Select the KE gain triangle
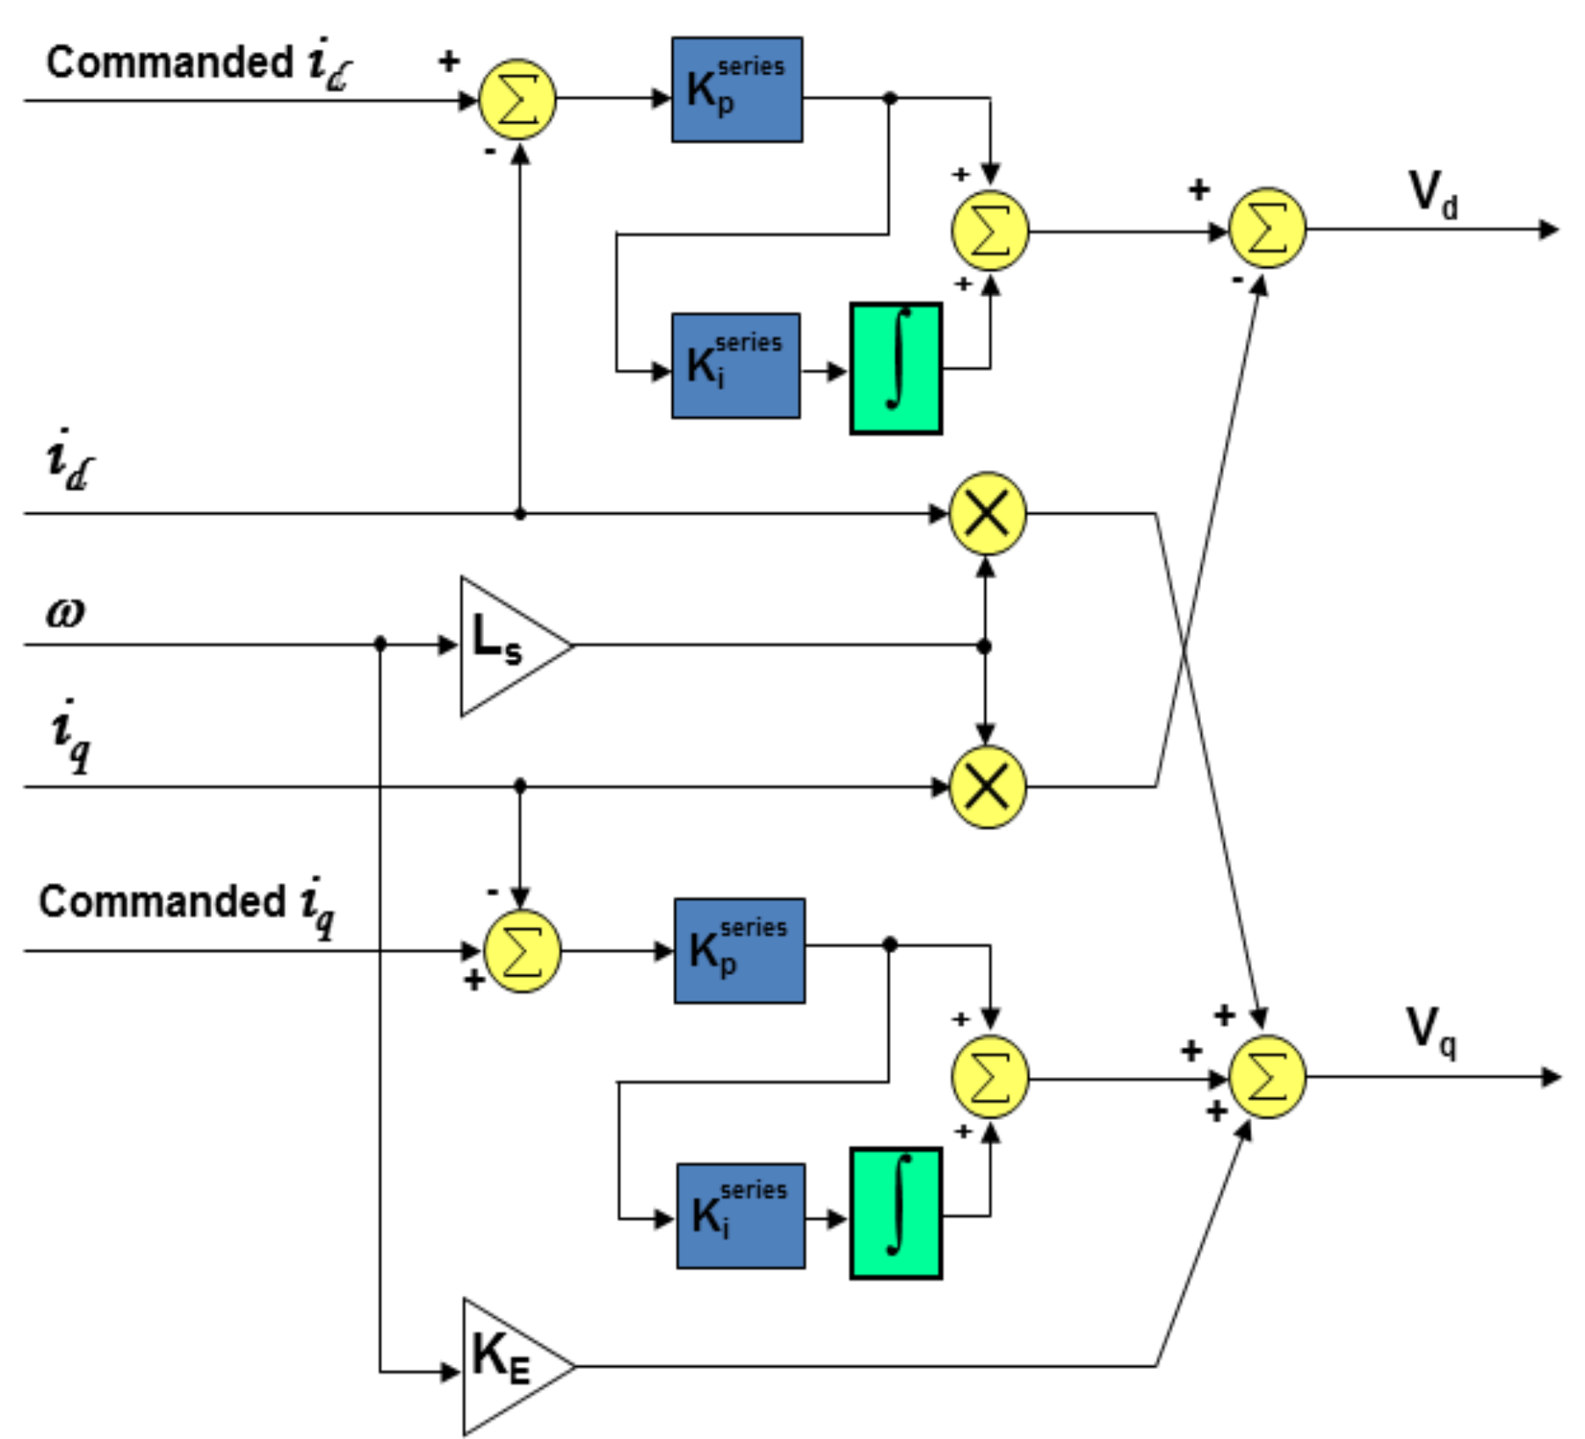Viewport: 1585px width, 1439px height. (511, 1366)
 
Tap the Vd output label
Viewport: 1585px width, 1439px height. (1432, 193)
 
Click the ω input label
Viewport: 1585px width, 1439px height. (67, 612)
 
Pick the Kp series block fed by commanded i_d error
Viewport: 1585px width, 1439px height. (737, 90)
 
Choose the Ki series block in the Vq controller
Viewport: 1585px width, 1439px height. (741, 1216)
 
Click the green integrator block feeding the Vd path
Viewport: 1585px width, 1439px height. (895, 368)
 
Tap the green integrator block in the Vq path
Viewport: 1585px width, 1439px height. (895, 1213)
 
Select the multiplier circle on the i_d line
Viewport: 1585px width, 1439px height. (988, 513)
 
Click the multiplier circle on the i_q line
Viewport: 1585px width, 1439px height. (988, 786)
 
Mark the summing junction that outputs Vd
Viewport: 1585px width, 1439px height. (1266, 228)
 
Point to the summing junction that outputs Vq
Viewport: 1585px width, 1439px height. (1266, 1077)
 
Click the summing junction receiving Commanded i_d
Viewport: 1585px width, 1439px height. (517, 99)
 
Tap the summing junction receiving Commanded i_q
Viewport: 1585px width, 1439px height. (522, 951)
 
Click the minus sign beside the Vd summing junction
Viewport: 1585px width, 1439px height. (1237, 280)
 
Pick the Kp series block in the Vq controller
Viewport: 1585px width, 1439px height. (740, 951)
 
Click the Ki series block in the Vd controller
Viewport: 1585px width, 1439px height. (736, 365)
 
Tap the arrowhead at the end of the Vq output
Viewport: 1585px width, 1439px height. (1552, 1077)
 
